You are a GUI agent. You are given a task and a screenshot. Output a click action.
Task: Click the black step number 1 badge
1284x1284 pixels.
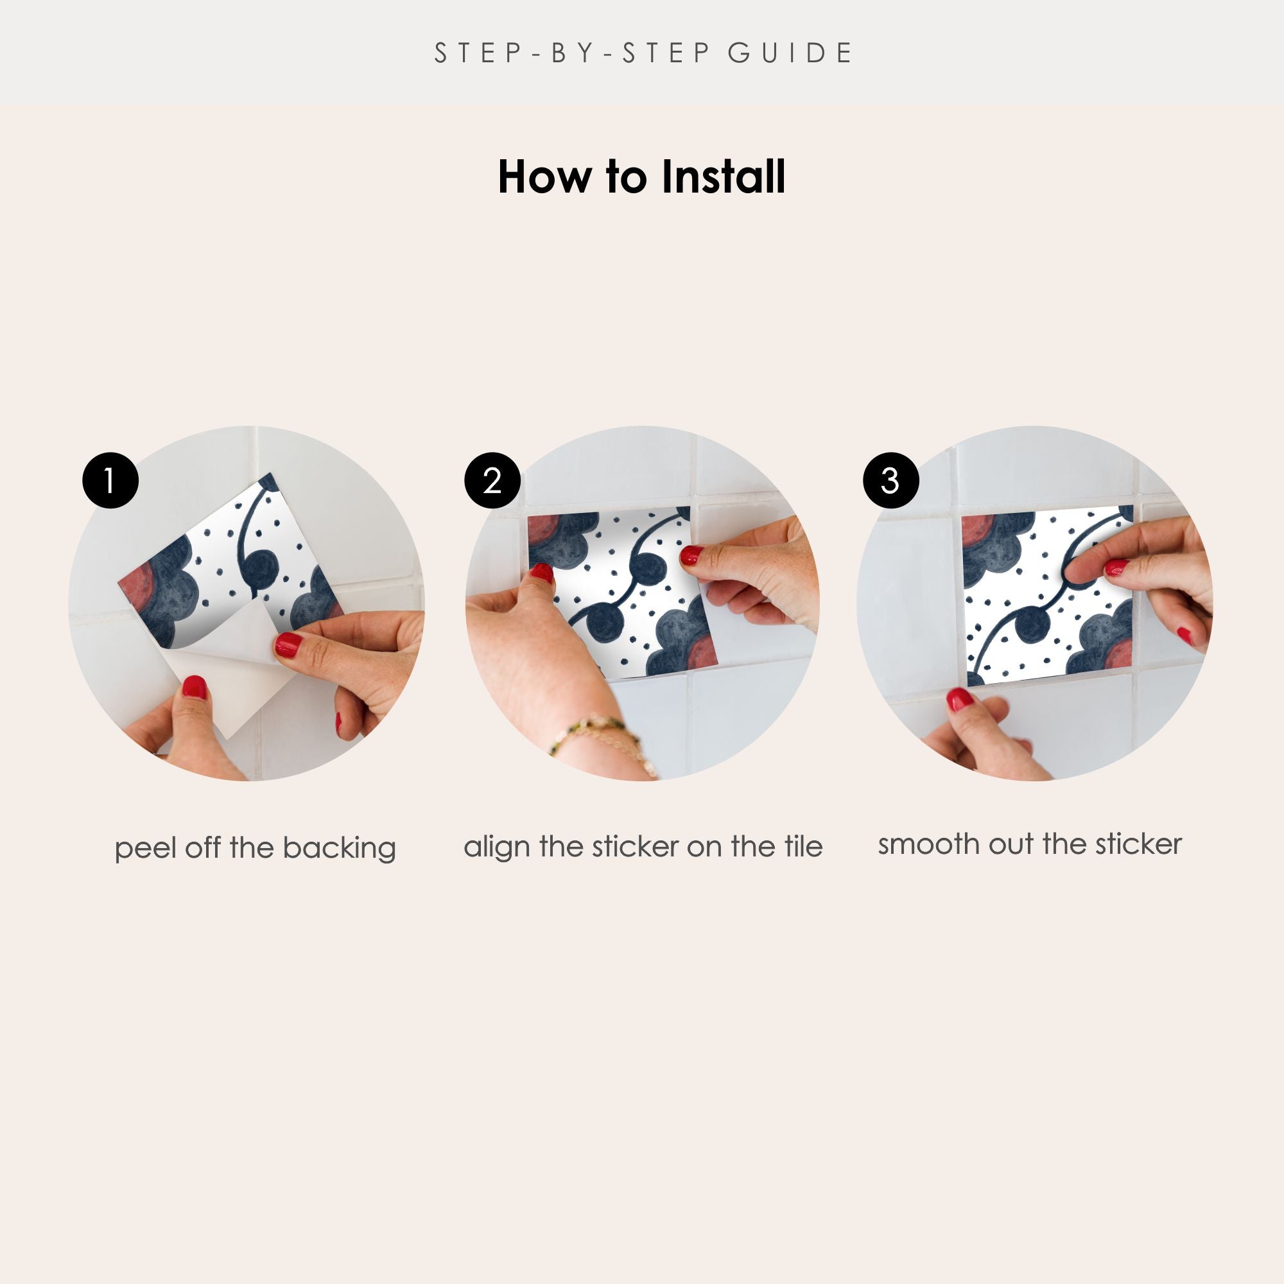point(110,480)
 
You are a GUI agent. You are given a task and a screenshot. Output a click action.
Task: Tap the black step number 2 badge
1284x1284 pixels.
point(492,480)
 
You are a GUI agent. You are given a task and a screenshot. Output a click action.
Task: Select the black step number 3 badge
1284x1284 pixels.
point(890,480)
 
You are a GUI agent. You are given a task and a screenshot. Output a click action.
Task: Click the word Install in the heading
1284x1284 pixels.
point(723,177)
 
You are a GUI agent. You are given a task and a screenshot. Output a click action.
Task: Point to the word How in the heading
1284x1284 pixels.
point(544,177)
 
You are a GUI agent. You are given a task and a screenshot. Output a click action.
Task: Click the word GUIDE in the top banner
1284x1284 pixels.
point(790,53)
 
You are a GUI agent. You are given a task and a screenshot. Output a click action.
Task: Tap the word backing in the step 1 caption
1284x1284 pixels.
point(339,849)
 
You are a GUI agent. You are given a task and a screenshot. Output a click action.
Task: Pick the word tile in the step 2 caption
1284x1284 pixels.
point(804,847)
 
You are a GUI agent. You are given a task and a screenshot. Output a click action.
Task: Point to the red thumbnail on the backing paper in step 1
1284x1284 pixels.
point(194,687)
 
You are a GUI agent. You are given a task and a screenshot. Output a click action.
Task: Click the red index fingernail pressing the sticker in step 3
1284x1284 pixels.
point(1116,568)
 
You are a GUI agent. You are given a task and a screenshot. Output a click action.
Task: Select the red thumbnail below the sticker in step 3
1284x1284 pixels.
point(960,700)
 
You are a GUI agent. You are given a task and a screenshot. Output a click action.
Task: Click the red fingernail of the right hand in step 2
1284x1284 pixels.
point(691,555)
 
